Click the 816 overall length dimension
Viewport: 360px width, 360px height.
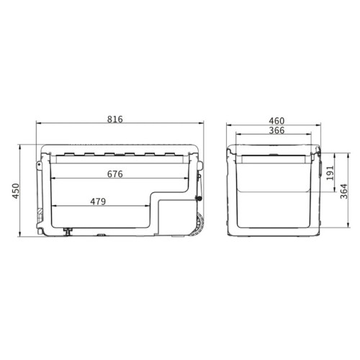click(x=115, y=120)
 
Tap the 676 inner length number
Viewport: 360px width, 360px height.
click(x=115, y=174)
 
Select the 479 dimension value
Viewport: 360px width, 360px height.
click(x=98, y=202)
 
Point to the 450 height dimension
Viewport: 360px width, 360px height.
click(x=16, y=191)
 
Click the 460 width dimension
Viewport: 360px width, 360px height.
click(x=276, y=121)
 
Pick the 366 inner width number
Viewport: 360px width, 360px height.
click(x=276, y=130)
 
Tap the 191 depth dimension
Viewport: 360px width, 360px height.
click(x=330, y=173)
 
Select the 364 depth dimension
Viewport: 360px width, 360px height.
click(x=344, y=192)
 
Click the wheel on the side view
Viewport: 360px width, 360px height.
click(x=199, y=225)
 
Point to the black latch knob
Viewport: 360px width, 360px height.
click(x=199, y=199)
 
